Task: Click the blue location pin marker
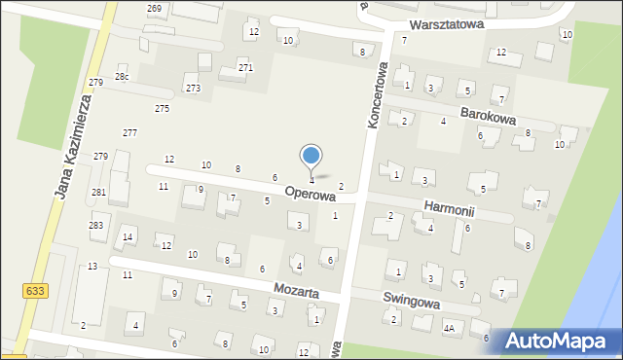(311, 156)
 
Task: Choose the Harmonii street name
(449, 207)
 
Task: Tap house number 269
(154, 8)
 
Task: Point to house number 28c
(122, 76)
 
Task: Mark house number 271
(245, 68)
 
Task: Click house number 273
(193, 89)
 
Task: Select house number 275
(162, 108)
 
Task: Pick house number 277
(129, 132)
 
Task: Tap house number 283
(95, 226)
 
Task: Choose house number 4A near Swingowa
(449, 329)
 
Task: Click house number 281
(98, 192)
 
